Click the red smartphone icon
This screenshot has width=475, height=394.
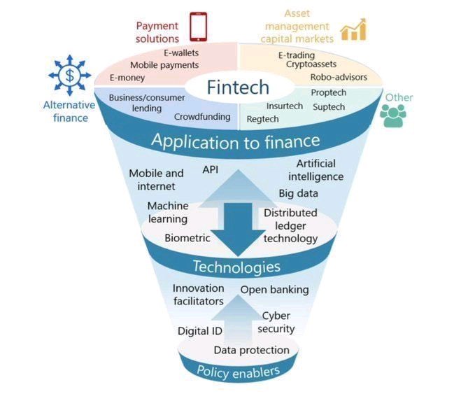(x=200, y=26)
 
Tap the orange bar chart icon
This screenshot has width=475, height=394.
(x=353, y=29)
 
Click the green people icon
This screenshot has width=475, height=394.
(x=392, y=116)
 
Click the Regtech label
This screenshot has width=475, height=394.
(x=262, y=119)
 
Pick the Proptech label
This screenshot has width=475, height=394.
(x=329, y=92)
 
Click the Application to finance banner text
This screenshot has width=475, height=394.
(x=236, y=141)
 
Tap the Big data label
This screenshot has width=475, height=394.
(x=299, y=193)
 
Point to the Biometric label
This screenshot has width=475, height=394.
(x=187, y=238)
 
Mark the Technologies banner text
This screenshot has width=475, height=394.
(x=236, y=267)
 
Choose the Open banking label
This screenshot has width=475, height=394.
(x=274, y=290)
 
